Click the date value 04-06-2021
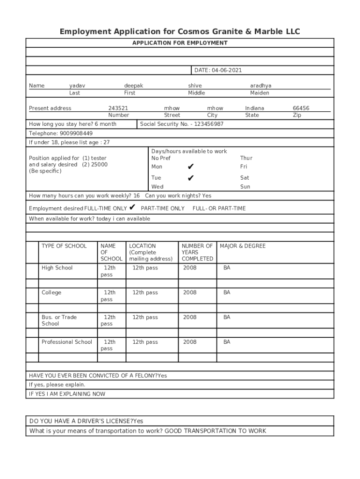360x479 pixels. [x=227, y=70]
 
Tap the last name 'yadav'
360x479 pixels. [x=77, y=86]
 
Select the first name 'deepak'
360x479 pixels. [x=133, y=86]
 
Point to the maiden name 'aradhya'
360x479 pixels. [x=260, y=86]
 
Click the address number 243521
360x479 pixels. [x=118, y=108]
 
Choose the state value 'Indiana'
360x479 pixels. [x=254, y=108]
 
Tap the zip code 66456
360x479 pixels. [x=301, y=108]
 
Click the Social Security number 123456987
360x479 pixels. [x=202, y=124]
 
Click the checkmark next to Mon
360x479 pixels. [x=190, y=167]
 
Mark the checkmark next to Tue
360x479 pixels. [x=190, y=178]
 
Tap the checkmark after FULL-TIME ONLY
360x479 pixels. [x=132, y=207]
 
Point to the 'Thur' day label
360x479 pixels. [x=246, y=158]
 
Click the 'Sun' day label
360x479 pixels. [x=245, y=187]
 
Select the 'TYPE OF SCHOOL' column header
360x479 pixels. [x=64, y=246]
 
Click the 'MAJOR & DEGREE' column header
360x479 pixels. [x=242, y=246]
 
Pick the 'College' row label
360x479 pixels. [x=51, y=292]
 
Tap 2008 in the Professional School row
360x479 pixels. [x=190, y=342]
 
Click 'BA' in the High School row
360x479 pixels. [x=227, y=268]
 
